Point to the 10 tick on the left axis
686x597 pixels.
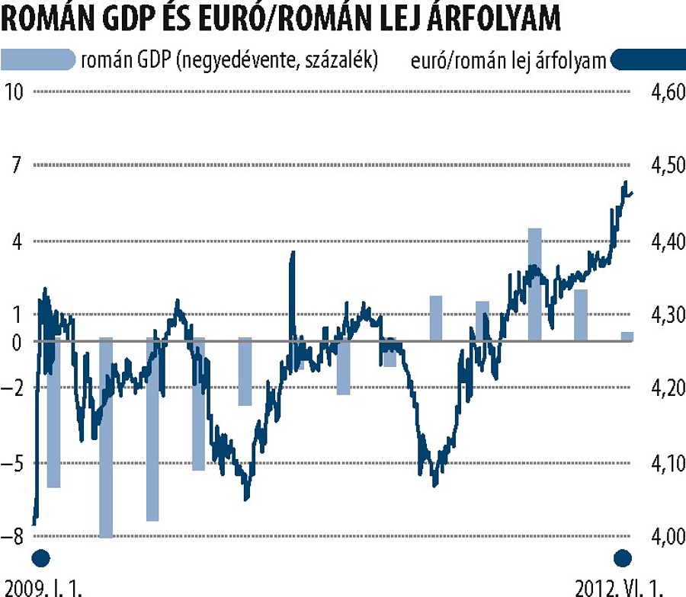(x=14, y=92)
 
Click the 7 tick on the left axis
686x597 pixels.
(x=18, y=165)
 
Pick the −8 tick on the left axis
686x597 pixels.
(x=14, y=537)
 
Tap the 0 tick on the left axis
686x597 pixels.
(x=18, y=341)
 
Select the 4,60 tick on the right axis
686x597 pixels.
(x=665, y=92)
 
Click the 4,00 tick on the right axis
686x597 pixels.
(x=665, y=537)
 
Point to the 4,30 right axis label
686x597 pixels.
(x=665, y=314)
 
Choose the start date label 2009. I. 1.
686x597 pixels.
(x=42, y=587)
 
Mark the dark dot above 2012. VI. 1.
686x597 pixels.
(x=623, y=558)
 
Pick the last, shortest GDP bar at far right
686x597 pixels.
(x=627, y=337)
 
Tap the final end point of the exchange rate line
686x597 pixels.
(x=633, y=193)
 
